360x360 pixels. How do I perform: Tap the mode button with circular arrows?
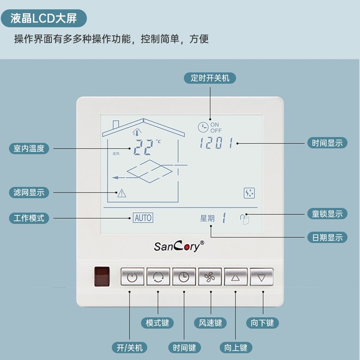coord(158,277)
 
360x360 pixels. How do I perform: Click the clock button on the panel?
coord(184,277)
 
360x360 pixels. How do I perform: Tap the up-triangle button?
coord(235,277)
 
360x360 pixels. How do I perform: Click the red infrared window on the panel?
coord(102,276)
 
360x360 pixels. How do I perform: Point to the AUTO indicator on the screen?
coord(143,218)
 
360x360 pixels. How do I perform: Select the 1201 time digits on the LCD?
coord(217,143)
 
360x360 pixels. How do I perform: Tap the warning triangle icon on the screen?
coord(122,193)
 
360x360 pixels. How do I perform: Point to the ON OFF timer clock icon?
coord(203,127)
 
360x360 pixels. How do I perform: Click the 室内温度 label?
coord(29,148)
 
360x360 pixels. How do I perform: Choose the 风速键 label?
coord(210,323)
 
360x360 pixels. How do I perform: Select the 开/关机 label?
coord(130,348)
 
